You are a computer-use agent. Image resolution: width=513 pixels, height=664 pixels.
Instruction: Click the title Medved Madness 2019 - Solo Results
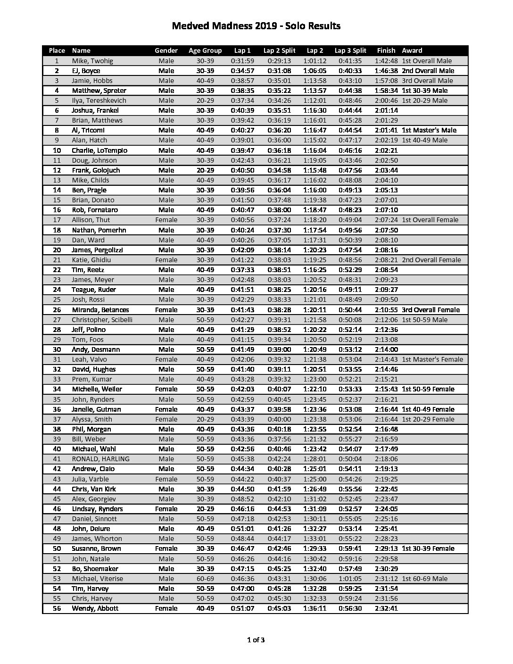pyautogui.click(x=256, y=26)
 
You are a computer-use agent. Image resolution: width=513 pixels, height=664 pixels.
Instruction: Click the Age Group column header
pyautogui.click(x=205, y=50)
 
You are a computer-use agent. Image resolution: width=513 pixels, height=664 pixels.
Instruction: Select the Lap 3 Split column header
pyautogui.click(x=350, y=50)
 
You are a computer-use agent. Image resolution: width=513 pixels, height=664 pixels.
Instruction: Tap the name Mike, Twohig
pyautogui.click(x=92, y=61)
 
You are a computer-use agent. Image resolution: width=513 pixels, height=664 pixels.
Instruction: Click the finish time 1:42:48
pyautogui.click(x=386, y=61)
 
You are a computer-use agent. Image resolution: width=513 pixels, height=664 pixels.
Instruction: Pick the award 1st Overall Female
pyautogui.click(x=430, y=220)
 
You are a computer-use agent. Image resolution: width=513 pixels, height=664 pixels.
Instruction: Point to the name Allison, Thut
pyautogui.click(x=91, y=220)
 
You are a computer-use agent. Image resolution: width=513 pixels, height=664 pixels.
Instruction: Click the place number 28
pyautogui.click(x=57, y=330)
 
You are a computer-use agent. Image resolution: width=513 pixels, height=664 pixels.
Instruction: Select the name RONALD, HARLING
pyautogui.click(x=100, y=459)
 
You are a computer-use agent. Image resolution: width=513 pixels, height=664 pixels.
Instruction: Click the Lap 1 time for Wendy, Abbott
pyautogui.click(x=242, y=608)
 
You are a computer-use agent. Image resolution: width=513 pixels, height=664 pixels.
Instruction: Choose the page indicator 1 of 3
pyautogui.click(x=256, y=640)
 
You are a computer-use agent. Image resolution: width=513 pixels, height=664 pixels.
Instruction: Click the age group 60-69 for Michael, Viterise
pyautogui.click(x=205, y=579)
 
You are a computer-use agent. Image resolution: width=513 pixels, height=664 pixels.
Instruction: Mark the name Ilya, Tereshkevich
pyautogui.click(x=99, y=100)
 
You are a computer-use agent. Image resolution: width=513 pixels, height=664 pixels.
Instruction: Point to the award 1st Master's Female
pyautogui.click(x=432, y=359)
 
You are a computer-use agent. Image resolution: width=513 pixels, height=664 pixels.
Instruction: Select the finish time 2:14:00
pyautogui.click(x=386, y=349)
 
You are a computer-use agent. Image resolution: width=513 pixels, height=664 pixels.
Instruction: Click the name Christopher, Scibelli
pyautogui.click(x=102, y=320)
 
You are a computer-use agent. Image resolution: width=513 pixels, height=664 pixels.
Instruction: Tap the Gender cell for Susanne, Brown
pyautogui.click(x=166, y=548)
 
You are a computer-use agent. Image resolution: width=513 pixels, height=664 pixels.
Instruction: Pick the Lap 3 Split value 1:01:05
pyautogui.click(x=350, y=579)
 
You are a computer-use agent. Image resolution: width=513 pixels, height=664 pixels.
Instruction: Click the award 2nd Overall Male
pyautogui.click(x=428, y=71)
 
